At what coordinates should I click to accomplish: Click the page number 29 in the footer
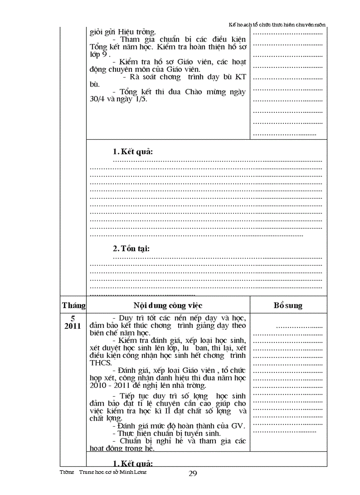tap(193, 473)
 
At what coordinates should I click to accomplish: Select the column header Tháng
tap(74, 305)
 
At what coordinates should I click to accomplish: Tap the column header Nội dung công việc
tap(168, 305)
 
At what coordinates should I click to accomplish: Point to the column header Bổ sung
tap(288, 305)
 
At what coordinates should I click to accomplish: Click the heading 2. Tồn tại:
tap(131, 249)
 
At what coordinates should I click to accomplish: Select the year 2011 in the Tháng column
tap(72, 326)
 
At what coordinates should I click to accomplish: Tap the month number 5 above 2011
tap(73, 318)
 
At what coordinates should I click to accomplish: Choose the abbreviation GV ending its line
tap(238, 426)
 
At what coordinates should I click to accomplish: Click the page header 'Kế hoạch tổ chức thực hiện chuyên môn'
tap(277, 25)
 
